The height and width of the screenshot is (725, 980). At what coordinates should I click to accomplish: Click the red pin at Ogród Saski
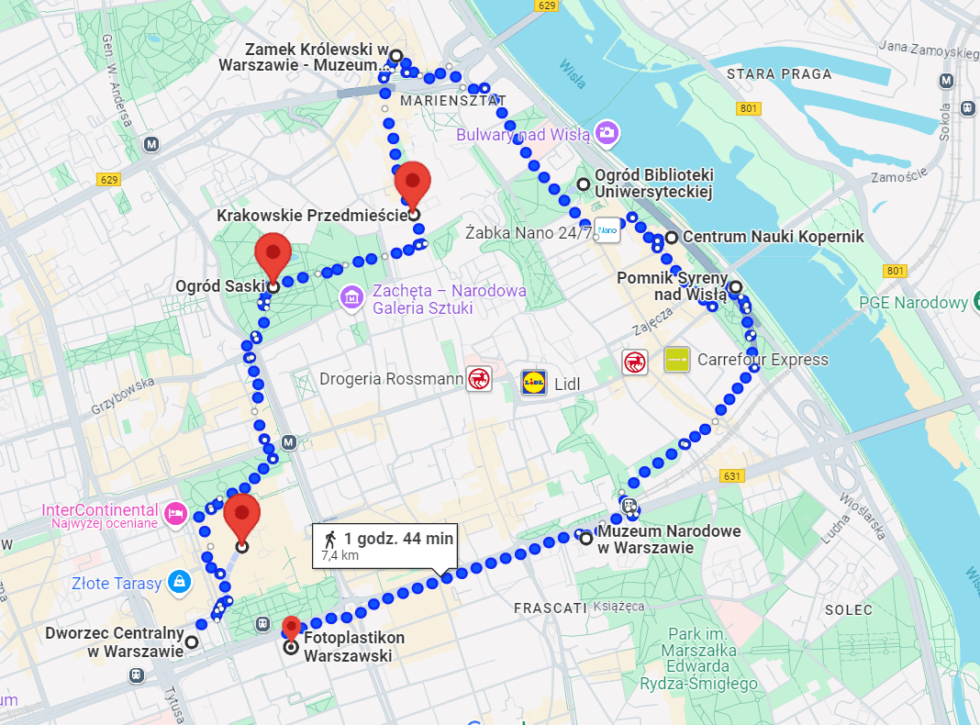(x=273, y=252)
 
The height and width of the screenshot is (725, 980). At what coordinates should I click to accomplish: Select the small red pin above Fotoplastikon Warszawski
(x=291, y=628)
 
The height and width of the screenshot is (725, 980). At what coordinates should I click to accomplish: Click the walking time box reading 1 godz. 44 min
(x=385, y=546)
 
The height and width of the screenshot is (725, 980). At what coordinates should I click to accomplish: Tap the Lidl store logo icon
(x=534, y=382)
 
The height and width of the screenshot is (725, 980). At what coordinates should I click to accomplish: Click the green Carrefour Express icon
(x=677, y=360)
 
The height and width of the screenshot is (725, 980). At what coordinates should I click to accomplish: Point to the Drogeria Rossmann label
(x=391, y=379)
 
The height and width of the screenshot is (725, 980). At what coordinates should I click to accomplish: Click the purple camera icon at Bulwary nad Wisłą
(x=606, y=133)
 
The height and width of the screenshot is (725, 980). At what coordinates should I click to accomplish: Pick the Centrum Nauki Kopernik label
(x=773, y=237)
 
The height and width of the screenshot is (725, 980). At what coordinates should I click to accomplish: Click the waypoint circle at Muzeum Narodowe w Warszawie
(x=586, y=539)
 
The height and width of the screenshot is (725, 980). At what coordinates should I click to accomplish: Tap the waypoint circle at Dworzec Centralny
(x=192, y=642)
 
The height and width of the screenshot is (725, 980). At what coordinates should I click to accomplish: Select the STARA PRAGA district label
(x=778, y=74)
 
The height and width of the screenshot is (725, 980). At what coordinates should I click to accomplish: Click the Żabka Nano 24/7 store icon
(x=607, y=229)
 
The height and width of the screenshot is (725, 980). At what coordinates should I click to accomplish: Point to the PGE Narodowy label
(x=913, y=303)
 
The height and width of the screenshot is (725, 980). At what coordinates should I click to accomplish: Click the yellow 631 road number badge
(x=731, y=475)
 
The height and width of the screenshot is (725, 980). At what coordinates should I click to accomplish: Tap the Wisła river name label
(x=573, y=73)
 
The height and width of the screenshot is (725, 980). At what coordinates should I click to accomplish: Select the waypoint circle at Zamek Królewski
(x=395, y=56)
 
